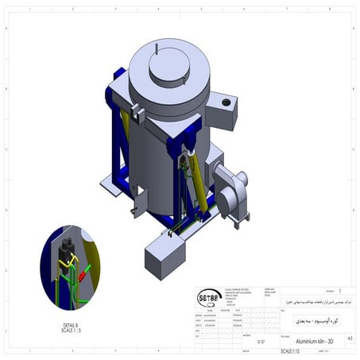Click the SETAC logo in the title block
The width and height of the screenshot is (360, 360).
click(x=209, y=298)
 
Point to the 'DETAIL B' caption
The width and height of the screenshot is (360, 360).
click(x=70, y=325)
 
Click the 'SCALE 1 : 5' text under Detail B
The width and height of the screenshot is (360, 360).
click(x=70, y=331)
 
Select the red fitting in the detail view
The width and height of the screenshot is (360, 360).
click(x=81, y=276)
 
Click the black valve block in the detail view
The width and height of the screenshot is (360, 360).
click(x=68, y=246)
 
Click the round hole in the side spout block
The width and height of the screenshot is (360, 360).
click(x=226, y=103)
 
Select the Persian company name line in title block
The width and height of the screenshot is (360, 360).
click(x=313, y=304)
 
